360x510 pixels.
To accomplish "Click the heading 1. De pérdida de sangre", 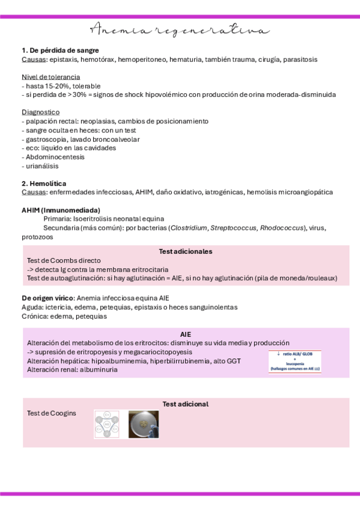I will pos(60,51).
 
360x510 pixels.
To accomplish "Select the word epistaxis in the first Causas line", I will pos(66,60).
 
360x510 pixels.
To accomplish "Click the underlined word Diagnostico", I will pos(40,112).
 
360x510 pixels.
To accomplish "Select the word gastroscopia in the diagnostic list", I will pos(46,140).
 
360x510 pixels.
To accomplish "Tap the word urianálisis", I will pos(42,166).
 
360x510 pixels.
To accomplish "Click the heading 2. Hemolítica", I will pos(44,183).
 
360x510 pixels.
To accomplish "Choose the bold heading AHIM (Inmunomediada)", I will pos(61,210).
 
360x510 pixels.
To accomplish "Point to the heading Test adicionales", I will pos(186,251).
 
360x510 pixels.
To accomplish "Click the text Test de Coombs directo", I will pos(64,260).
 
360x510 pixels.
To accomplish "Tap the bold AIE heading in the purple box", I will pos(186,334).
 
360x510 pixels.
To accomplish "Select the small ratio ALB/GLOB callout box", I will pos(294,361).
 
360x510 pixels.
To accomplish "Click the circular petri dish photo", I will pos(144,425).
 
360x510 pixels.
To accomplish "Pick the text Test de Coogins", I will pos(52,413).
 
